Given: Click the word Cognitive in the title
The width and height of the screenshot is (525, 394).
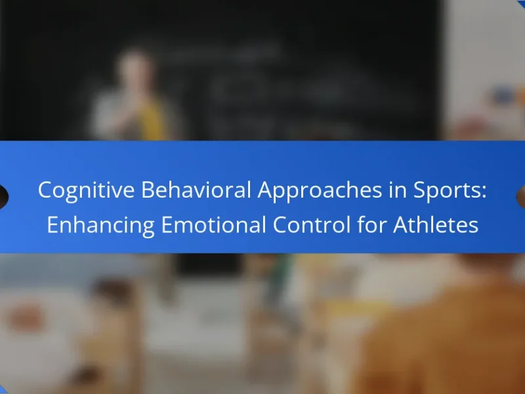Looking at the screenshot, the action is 86,190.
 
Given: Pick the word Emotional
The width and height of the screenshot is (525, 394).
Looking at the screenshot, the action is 214,225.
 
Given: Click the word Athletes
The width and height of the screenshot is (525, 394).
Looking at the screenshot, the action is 436,225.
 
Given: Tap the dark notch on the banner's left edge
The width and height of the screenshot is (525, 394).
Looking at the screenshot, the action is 3,196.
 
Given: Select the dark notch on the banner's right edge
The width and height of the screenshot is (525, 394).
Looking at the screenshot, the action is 521,196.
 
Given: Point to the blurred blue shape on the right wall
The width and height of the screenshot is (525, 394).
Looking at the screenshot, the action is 505,95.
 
